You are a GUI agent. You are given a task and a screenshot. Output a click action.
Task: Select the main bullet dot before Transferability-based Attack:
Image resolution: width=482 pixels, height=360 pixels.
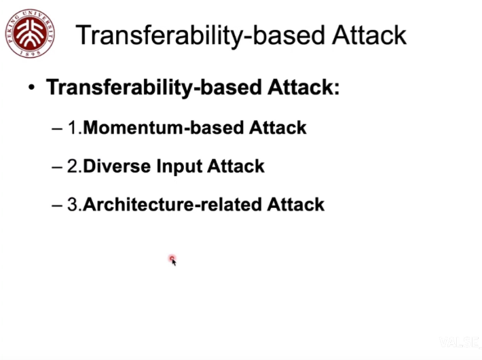(31, 88)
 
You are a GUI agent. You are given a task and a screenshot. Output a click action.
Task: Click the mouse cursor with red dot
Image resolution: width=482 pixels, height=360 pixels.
(172, 260)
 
